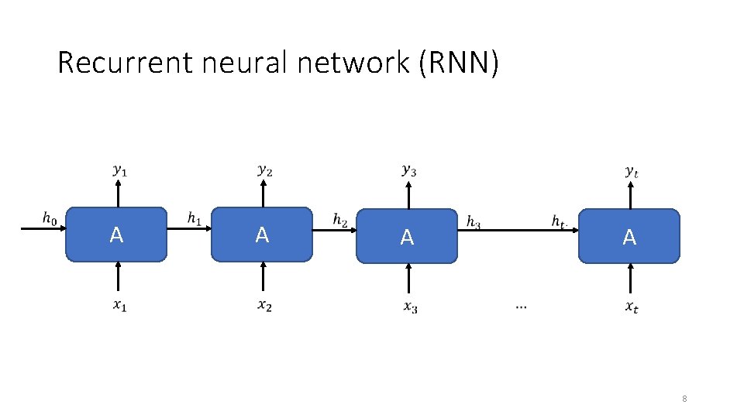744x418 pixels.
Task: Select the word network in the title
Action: [350, 63]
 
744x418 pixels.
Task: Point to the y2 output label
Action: [265, 171]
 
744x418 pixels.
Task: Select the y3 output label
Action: [409, 171]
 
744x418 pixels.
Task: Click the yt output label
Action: [632, 172]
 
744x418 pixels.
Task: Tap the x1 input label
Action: [119, 307]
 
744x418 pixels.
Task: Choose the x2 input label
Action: [265, 307]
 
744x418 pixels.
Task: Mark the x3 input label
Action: [411, 308]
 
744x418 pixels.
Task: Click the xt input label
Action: [632, 308]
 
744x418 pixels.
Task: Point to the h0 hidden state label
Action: [50, 220]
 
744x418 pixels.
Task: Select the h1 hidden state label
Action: [195, 220]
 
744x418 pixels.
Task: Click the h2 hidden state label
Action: [339, 221]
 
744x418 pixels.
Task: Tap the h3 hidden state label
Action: [474, 223]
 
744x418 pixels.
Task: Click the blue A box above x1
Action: [116, 235]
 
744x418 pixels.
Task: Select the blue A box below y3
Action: [407, 237]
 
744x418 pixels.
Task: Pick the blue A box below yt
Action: [629, 237]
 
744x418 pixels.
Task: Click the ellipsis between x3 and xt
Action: [521, 307]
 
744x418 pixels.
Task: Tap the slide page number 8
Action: [684, 399]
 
